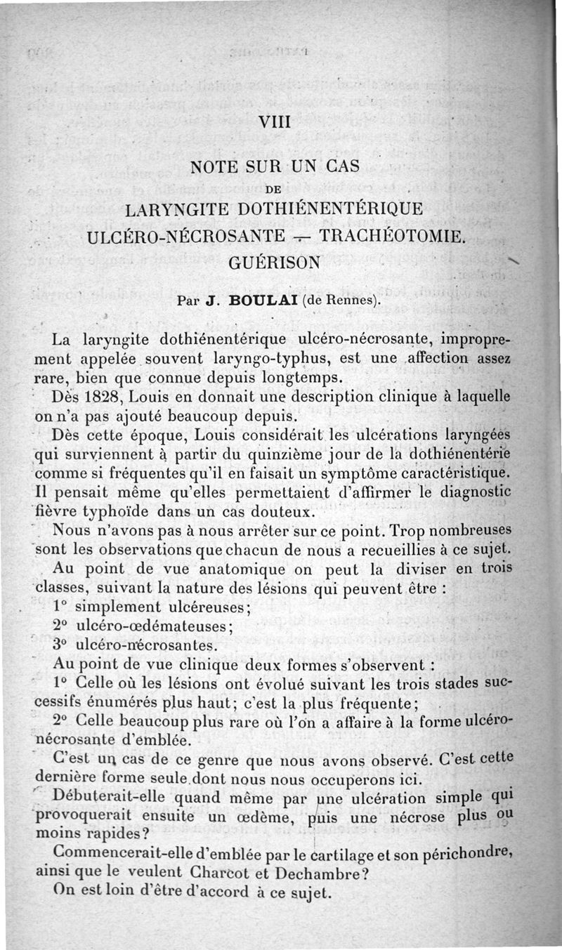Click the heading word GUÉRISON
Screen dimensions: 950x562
click(x=275, y=262)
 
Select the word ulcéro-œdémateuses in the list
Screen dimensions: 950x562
click(x=152, y=625)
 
